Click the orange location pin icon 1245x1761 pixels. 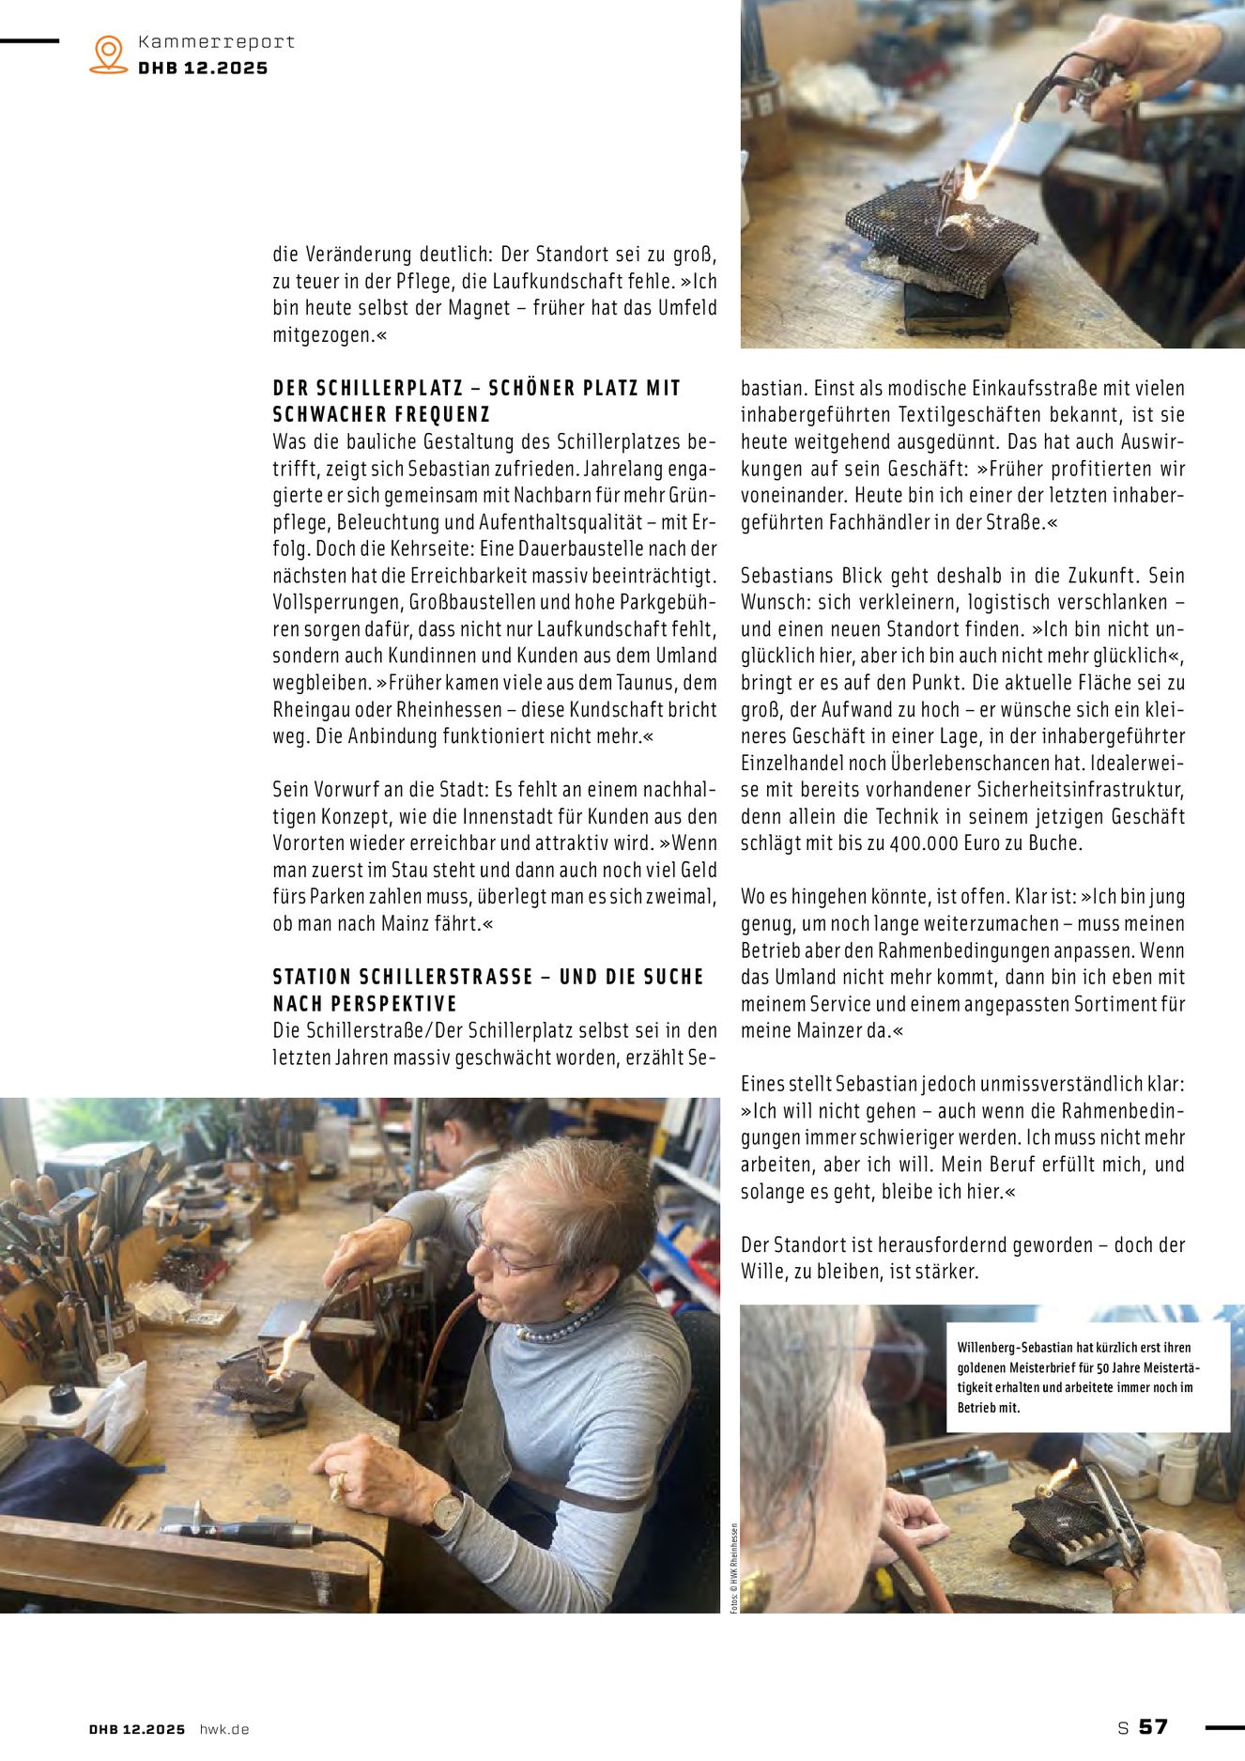pyautogui.click(x=109, y=54)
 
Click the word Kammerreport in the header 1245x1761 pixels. pyautogui.click(x=216, y=41)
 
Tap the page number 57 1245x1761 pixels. pyautogui.click(x=1154, y=1726)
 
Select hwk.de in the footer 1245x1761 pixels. pyautogui.click(x=224, y=1729)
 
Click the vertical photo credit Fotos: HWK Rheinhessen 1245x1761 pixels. pyautogui.click(x=733, y=1568)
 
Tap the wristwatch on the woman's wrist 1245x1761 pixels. pyautogui.click(x=447, y=1509)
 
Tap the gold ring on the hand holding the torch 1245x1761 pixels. pyautogui.click(x=1132, y=90)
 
